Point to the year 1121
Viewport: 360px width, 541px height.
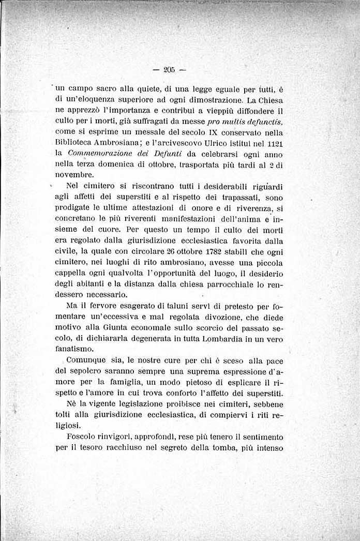point(274,143)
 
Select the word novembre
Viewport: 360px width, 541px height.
point(74,175)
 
